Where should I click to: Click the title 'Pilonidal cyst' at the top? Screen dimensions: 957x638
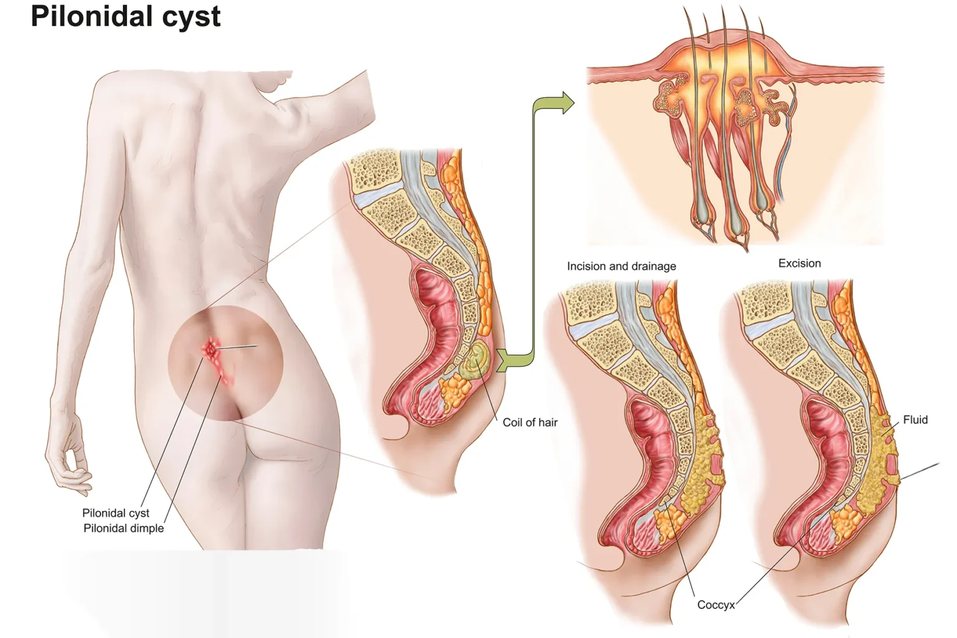tap(126, 17)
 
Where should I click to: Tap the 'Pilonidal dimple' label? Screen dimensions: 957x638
tap(123, 528)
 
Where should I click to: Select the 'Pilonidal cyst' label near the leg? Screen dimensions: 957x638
tap(116, 513)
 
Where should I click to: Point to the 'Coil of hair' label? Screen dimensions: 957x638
tap(530, 422)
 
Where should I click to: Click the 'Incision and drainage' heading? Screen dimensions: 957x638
tap(621, 266)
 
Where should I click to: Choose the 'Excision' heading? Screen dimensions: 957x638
tap(799, 263)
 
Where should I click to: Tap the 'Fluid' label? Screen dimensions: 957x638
tap(915, 420)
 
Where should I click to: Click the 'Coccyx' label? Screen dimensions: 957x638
tap(716, 605)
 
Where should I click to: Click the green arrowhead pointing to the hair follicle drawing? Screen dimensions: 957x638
tap(568, 103)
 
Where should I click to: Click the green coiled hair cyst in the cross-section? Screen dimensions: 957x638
tap(475, 359)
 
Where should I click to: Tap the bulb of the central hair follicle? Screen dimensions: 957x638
tap(736, 218)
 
